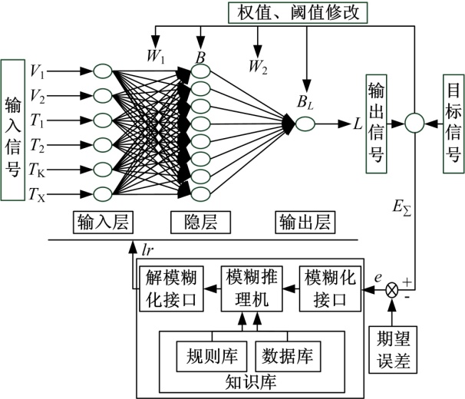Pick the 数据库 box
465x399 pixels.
click(x=287, y=356)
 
